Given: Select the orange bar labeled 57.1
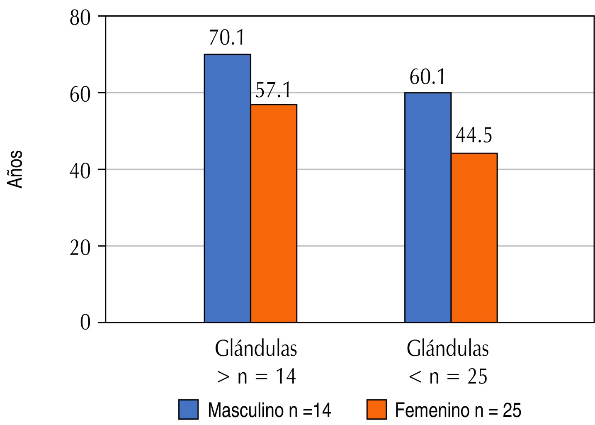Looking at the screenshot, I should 274,213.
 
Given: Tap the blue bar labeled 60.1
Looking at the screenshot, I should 427,207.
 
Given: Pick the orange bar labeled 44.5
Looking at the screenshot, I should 474,237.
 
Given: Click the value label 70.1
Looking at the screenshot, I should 227,37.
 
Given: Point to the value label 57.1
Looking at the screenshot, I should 273,90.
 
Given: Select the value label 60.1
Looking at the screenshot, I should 427,77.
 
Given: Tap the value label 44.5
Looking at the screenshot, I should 474,136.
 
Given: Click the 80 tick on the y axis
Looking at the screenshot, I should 80,18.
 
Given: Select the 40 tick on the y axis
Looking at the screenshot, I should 80,170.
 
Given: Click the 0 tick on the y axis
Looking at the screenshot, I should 85,322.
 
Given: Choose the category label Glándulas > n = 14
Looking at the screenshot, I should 256,362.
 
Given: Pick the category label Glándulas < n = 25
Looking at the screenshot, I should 448,362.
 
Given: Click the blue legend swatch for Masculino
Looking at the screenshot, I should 189,410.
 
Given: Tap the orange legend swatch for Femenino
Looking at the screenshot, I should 376,410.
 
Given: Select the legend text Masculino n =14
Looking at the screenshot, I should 270,410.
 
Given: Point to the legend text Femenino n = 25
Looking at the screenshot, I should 458,410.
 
